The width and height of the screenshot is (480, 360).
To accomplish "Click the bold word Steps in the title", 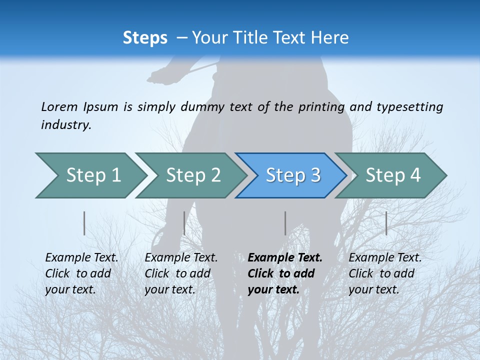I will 145,38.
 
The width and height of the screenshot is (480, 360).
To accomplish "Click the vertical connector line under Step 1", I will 84,223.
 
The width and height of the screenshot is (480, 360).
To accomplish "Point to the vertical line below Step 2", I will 184,223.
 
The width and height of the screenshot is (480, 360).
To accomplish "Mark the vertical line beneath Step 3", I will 285,223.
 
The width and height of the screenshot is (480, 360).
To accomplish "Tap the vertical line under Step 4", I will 386,223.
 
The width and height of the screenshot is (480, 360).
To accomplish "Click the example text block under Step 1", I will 81,273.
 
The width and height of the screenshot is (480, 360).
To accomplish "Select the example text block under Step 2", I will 181,273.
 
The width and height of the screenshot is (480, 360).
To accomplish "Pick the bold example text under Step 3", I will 285,273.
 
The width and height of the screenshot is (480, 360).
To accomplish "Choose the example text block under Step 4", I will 385,273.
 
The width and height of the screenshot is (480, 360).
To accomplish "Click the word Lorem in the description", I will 59,106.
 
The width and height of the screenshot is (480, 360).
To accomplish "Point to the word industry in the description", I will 66,125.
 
